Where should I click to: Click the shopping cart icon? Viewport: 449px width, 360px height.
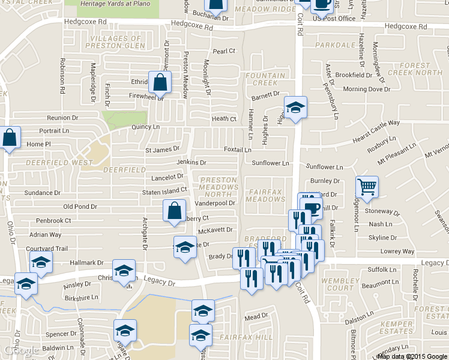coord(366,187)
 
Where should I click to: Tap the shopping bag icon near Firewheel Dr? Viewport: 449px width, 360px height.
coord(160,82)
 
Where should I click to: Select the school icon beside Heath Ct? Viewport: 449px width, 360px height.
coord(295,107)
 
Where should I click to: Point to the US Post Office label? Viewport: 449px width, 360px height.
coord(334,19)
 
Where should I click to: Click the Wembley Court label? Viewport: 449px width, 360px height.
coord(341,284)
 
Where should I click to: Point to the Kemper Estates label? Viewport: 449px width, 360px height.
coord(397,327)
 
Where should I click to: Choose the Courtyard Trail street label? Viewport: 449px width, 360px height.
coord(47,248)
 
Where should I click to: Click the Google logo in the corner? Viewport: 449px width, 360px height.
coord(22,350)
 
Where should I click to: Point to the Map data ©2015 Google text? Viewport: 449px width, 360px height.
coord(412,356)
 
